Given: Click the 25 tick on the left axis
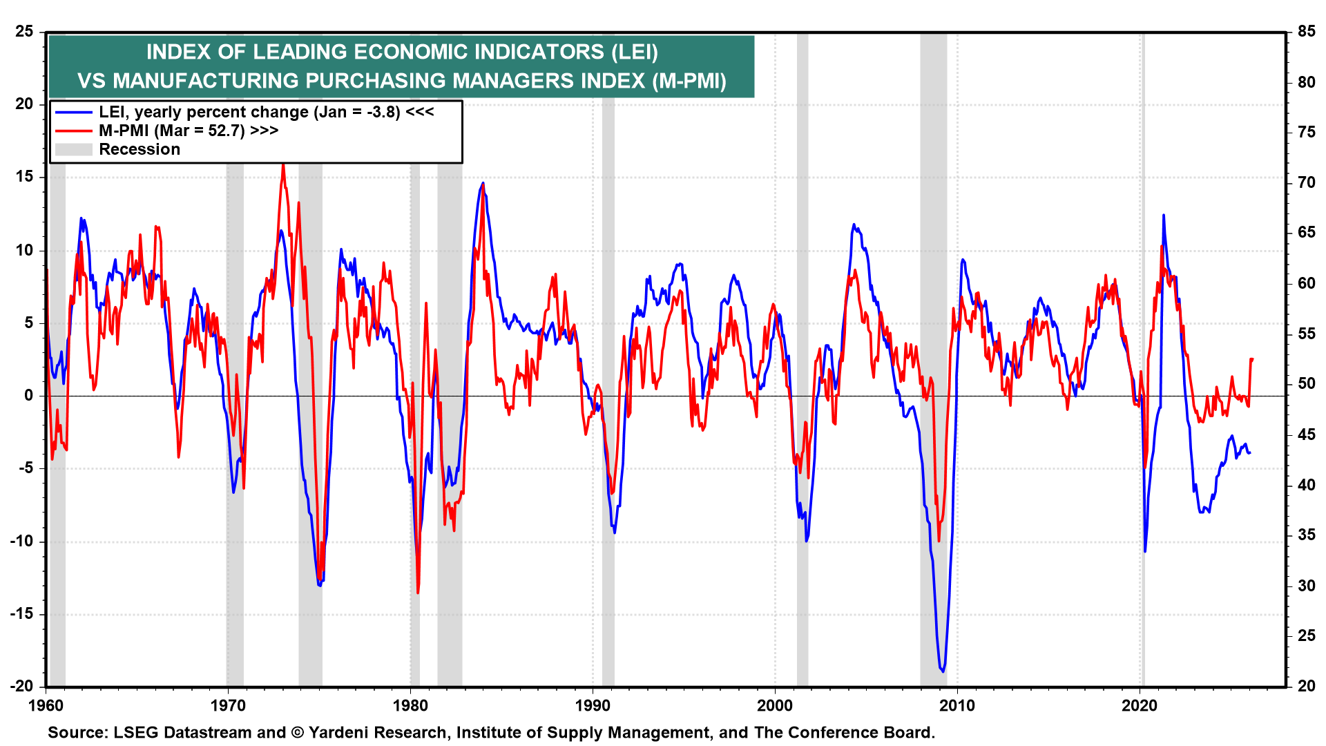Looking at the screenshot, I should pyautogui.click(x=24, y=32).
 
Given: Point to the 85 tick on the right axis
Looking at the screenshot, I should pyautogui.click(x=1306, y=32).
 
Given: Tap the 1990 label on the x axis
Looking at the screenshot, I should pyautogui.click(x=593, y=705).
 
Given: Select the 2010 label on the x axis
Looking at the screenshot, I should pyautogui.click(x=957, y=705).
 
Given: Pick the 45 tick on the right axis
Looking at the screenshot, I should pyautogui.click(x=1306, y=434).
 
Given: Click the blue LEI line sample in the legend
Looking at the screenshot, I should pyautogui.click(x=73, y=113).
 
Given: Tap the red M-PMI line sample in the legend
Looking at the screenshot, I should pyautogui.click(x=73, y=131).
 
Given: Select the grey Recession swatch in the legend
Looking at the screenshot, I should pyautogui.click(x=73, y=149).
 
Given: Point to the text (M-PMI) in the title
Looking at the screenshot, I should pyautogui.click(x=689, y=81).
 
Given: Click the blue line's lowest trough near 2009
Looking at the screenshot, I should pyautogui.click(x=943, y=671).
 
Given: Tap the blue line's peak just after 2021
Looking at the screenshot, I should pyautogui.click(x=1163, y=216).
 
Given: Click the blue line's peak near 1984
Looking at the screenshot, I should pyautogui.click(x=483, y=184).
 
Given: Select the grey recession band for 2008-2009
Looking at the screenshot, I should pyautogui.click(x=933, y=414).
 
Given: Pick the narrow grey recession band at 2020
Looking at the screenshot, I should pyautogui.click(x=1142, y=414).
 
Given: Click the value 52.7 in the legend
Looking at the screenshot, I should pyautogui.click(x=223, y=131).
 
